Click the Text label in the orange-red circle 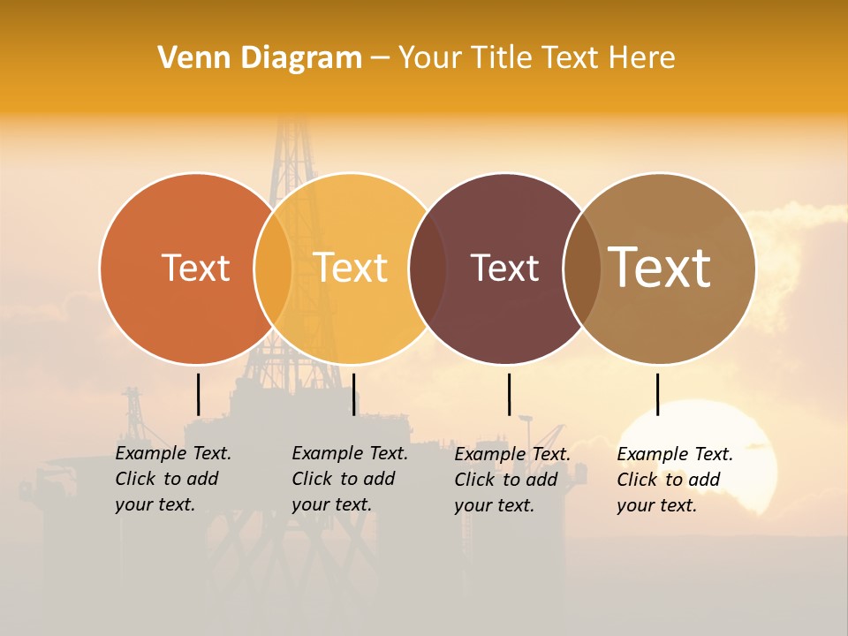195,268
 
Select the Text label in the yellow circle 351,268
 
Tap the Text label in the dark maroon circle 504,268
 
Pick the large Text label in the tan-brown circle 660,268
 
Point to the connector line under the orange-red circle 198,394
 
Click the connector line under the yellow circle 353,394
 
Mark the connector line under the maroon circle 509,394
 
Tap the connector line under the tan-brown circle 657,394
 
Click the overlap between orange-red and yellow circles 273,268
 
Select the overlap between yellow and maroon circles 428,268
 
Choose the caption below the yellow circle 349,479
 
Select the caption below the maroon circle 511,480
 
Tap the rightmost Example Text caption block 674,480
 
